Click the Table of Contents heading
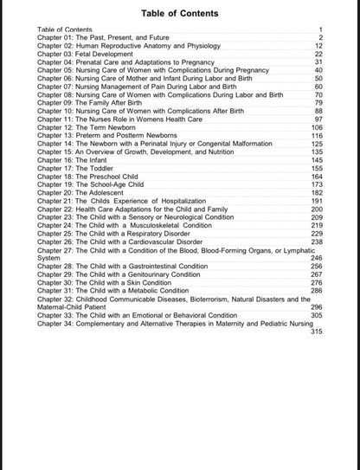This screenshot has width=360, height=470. (x=179, y=13)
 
